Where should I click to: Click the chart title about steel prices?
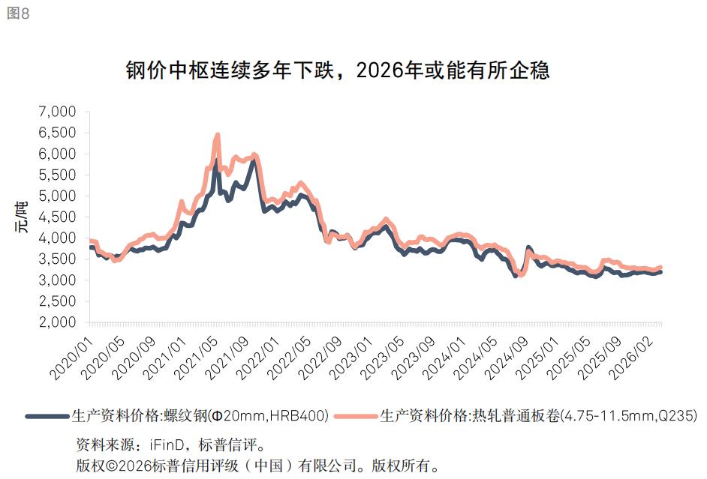point(338,71)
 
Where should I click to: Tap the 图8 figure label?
point(18,14)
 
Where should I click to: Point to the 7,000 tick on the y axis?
point(57,112)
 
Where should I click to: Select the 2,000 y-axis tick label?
point(57,322)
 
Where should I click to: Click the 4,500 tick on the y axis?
point(57,217)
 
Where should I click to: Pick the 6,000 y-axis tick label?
point(57,154)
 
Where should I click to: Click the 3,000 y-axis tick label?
point(57,280)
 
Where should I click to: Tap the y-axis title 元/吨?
point(23,217)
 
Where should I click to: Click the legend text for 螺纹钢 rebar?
point(200,415)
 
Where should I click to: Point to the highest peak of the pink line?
point(218,136)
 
